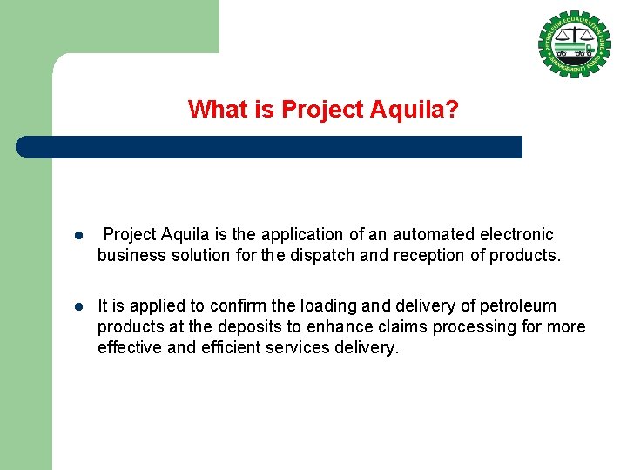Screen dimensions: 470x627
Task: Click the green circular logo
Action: point(574,44)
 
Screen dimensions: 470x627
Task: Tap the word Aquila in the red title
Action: point(415,110)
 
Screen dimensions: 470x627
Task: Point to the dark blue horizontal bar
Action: point(270,147)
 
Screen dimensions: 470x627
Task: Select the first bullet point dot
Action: point(78,236)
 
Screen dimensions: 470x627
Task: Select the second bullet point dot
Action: point(78,307)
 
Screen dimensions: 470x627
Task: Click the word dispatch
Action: point(319,255)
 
